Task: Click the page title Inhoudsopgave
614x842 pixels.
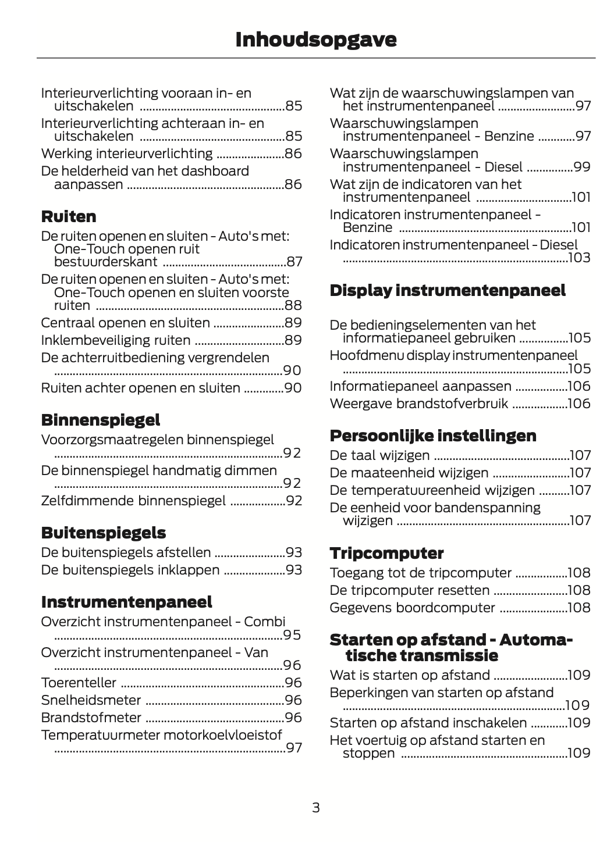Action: tap(315, 40)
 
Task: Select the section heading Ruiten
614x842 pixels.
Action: tap(69, 217)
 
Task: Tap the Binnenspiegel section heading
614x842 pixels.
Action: tap(100, 420)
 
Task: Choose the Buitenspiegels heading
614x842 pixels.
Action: tap(103, 533)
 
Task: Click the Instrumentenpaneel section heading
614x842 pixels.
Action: tap(126, 602)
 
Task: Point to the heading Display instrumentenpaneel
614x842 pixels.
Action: tap(447, 291)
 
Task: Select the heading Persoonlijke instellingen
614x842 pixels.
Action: tap(432, 436)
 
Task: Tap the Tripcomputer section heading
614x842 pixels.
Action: tap(386, 554)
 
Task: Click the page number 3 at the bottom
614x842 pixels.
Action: tap(315, 808)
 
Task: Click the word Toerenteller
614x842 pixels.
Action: tap(79, 683)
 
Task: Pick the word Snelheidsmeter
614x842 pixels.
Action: tap(91, 700)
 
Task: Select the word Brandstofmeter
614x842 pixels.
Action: tap(91, 718)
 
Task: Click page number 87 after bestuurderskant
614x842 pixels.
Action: tap(294, 262)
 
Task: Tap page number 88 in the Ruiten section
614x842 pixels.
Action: tap(293, 306)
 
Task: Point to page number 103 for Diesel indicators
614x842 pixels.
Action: tap(579, 258)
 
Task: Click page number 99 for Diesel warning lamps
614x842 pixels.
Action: tap(581, 167)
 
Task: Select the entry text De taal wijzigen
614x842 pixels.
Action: tap(379, 456)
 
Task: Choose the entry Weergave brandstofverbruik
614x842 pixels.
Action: tap(418, 404)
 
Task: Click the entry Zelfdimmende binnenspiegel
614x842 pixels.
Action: tap(133, 501)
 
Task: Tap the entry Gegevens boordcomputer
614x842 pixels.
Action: tap(412, 608)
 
